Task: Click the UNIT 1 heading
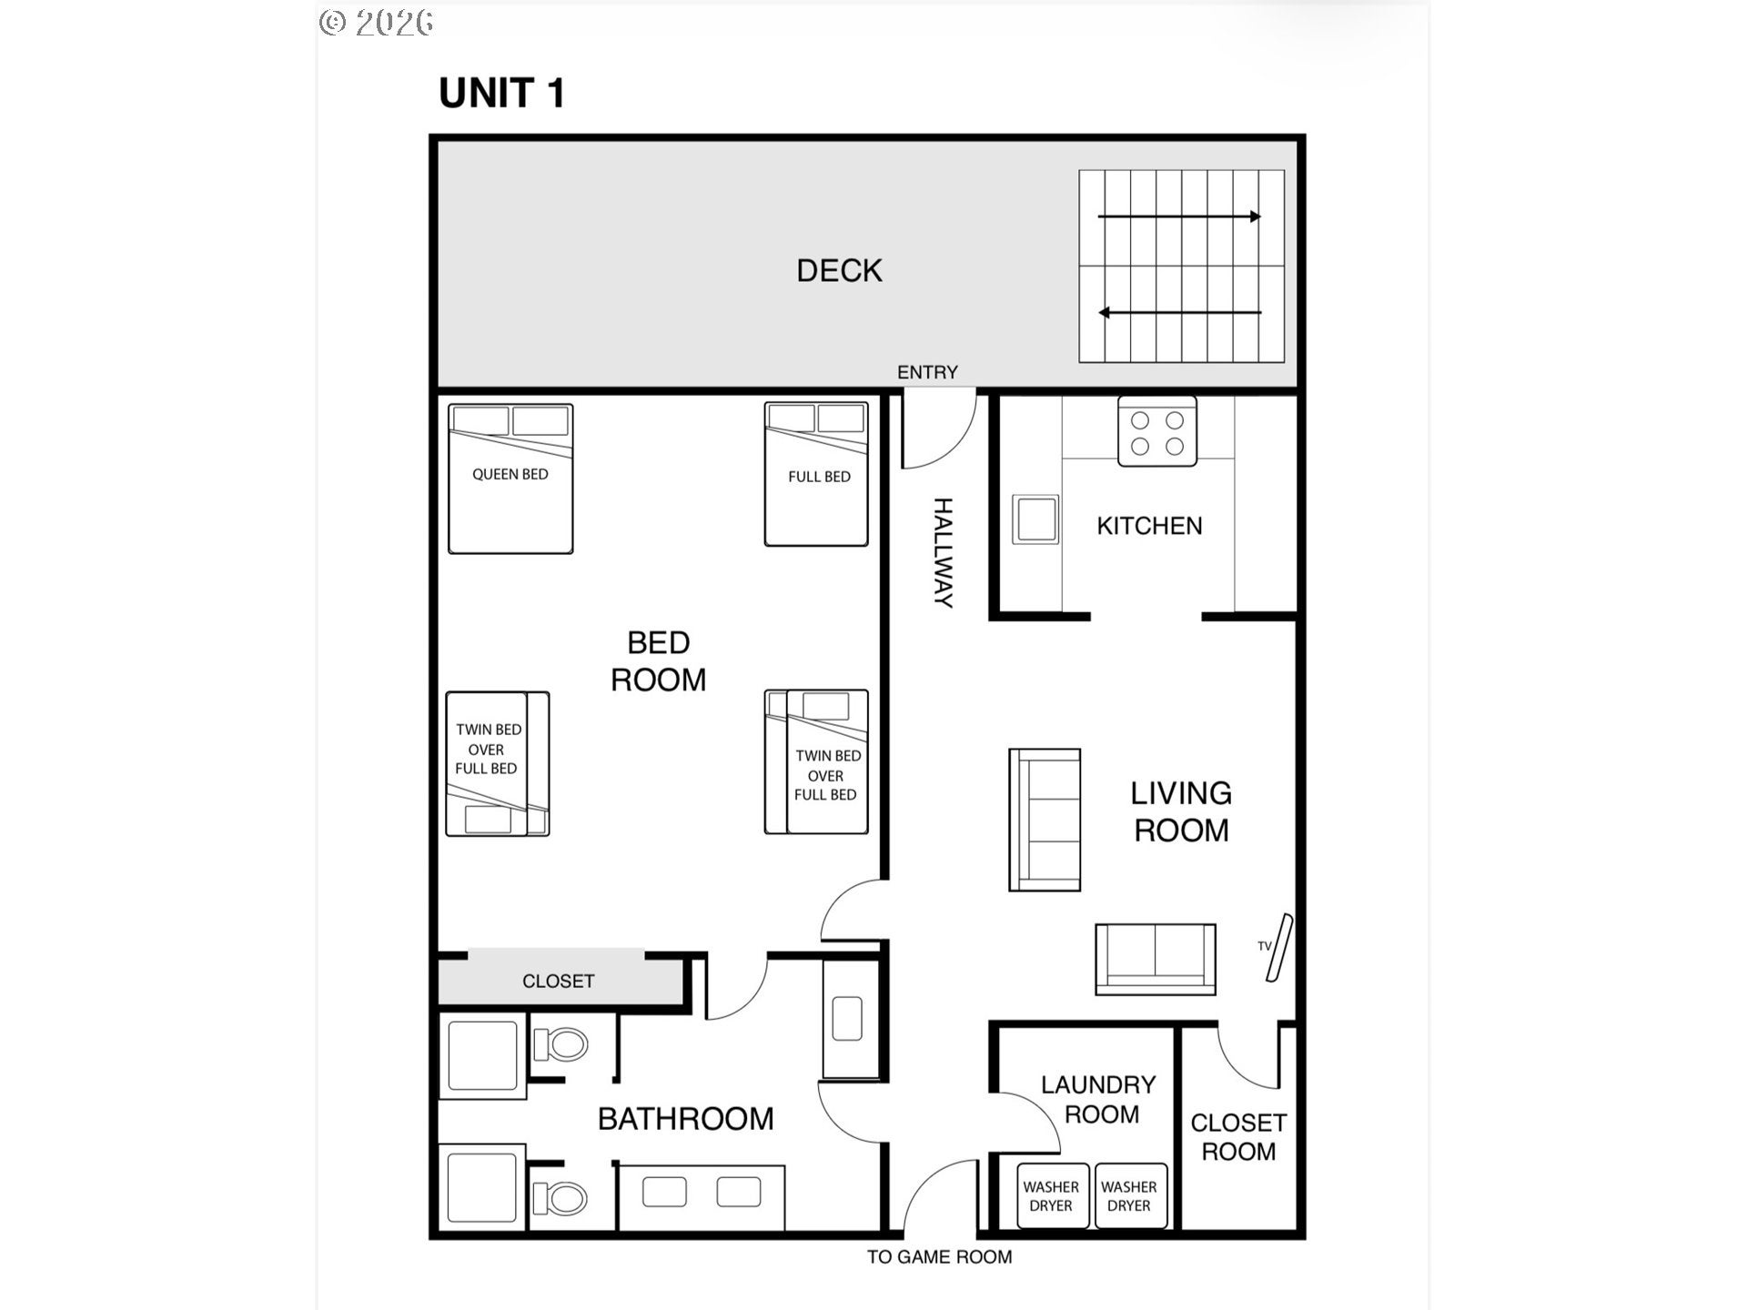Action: pyautogui.click(x=502, y=93)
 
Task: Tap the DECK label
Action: pyautogui.click(x=839, y=270)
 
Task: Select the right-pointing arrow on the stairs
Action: pyautogui.click(x=1179, y=217)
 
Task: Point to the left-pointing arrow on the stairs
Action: pyautogui.click(x=1179, y=313)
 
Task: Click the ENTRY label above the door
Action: pyautogui.click(x=927, y=372)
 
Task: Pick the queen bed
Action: pyautogui.click(x=510, y=479)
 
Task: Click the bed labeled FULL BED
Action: pyautogui.click(x=816, y=474)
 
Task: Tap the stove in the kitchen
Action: pyautogui.click(x=1157, y=432)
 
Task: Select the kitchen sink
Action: pyautogui.click(x=1036, y=519)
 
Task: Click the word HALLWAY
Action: pyautogui.click(x=944, y=552)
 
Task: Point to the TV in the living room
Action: pyautogui.click(x=1279, y=948)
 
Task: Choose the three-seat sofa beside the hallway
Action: pyautogui.click(x=1045, y=820)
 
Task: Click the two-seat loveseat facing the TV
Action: pyautogui.click(x=1156, y=959)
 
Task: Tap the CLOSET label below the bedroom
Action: pyautogui.click(x=558, y=981)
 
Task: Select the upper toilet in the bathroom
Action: pyautogui.click(x=560, y=1044)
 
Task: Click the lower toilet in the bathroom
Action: pyautogui.click(x=560, y=1197)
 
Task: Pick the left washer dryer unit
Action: pyautogui.click(x=1052, y=1195)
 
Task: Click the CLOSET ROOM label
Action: pyautogui.click(x=1238, y=1137)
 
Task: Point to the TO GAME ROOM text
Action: pyautogui.click(x=939, y=1257)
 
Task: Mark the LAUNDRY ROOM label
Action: pyautogui.click(x=1099, y=1099)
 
